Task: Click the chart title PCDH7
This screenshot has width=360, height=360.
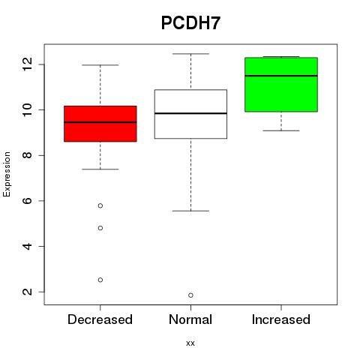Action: (x=190, y=23)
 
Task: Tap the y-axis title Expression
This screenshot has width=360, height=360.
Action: (x=7, y=174)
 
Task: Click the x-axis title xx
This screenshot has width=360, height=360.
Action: (x=190, y=343)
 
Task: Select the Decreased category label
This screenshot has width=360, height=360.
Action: (x=100, y=319)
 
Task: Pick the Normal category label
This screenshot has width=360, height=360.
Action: (x=190, y=319)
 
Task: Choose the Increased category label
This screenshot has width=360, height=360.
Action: (x=281, y=319)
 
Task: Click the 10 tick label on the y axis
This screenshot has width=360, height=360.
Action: (x=28, y=110)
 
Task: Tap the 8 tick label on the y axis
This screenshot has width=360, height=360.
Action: (x=28, y=155)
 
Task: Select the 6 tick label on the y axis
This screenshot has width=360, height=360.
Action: (x=28, y=201)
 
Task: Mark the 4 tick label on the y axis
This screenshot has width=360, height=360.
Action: (x=28, y=246)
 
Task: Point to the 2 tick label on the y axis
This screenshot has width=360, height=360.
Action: (x=28, y=292)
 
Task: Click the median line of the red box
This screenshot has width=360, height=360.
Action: (x=100, y=122)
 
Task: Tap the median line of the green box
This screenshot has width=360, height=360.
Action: (x=281, y=76)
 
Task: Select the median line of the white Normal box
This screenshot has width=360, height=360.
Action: (x=190, y=113)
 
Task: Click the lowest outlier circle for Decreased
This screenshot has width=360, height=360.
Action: (x=100, y=280)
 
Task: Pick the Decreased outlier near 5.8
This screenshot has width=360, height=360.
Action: (x=100, y=205)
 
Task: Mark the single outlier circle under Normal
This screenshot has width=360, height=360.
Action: (x=190, y=295)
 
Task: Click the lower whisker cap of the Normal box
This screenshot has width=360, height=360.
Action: (x=190, y=211)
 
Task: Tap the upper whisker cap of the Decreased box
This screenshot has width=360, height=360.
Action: (x=100, y=65)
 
